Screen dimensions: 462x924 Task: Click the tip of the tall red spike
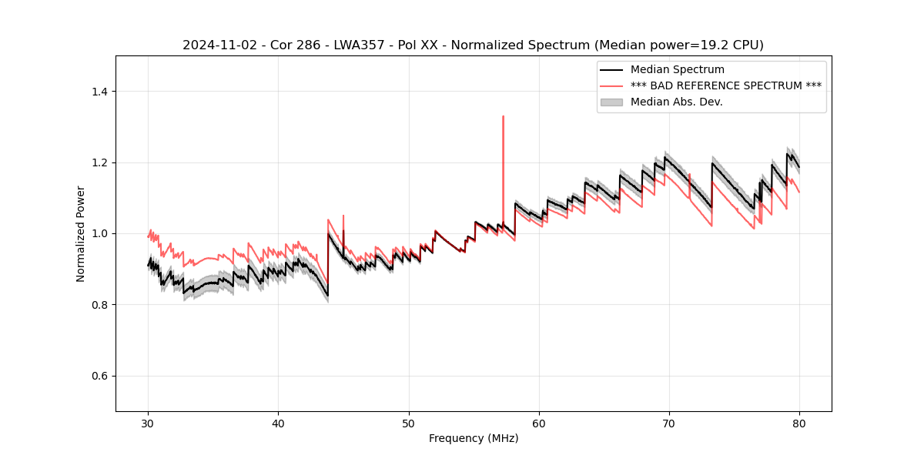pos(503,116)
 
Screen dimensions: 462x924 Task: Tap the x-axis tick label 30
pos(149,423)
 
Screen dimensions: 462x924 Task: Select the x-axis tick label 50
pos(409,423)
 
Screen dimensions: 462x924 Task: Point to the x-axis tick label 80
pos(799,423)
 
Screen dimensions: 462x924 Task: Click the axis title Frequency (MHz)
pos(474,438)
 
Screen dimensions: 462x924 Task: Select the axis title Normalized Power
pos(80,233)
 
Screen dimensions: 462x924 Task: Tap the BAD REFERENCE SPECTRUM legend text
pos(726,85)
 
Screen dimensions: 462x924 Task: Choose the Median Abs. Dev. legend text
pos(676,102)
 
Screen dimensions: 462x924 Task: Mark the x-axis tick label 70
pos(669,423)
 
